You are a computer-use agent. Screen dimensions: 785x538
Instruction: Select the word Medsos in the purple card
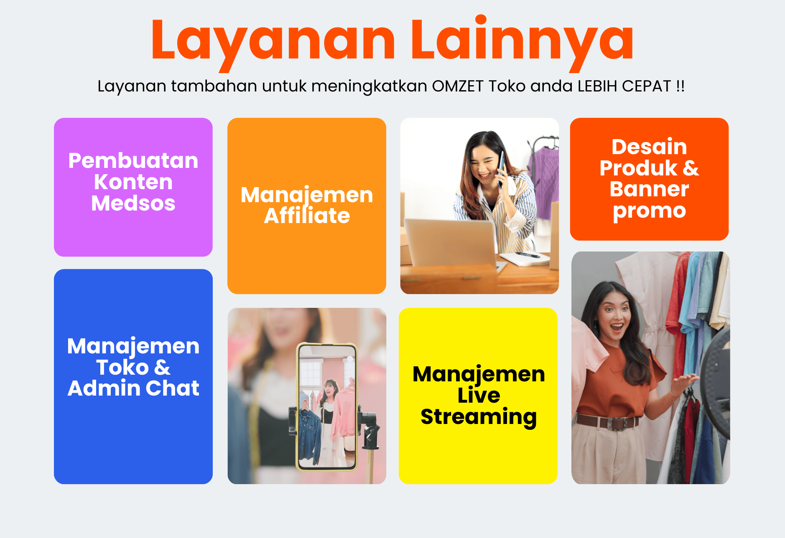pos(133,203)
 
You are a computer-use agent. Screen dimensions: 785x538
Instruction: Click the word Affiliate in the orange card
pos(307,216)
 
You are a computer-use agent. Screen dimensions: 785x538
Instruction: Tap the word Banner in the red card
pos(649,189)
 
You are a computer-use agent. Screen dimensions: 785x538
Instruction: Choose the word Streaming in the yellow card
pos(479,417)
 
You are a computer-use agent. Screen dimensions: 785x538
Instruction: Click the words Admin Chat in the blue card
pos(133,388)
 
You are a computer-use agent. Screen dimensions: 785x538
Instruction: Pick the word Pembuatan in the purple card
pos(133,161)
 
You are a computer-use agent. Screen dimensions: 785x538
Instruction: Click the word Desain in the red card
pos(649,147)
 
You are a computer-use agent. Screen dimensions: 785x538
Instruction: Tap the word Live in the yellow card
pos(479,395)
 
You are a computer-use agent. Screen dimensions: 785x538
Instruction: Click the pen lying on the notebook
pos(527,254)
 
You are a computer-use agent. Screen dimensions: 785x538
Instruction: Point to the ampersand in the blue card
pos(162,368)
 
